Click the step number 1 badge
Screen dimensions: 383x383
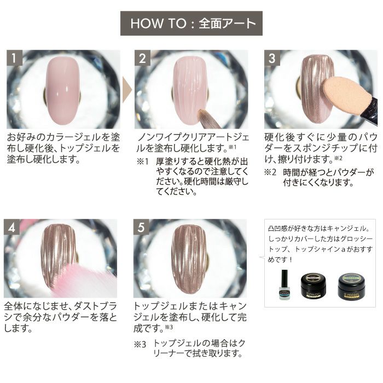point(14,58)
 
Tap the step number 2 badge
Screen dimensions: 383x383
point(142,58)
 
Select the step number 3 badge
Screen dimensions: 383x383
point(272,58)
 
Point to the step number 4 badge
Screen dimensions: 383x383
point(11,227)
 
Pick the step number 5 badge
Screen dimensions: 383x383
point(141,227)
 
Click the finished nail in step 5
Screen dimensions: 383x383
point(190,259)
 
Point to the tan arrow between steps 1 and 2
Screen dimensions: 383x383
point(127,90)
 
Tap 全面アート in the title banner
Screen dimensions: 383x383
point(227,24)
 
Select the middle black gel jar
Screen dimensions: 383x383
point(314,286)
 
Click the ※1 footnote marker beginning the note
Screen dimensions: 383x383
point(143,161)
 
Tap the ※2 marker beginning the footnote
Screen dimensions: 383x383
point(270,172)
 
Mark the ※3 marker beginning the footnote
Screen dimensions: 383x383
point(140,344)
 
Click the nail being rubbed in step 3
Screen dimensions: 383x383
point(315,89)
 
